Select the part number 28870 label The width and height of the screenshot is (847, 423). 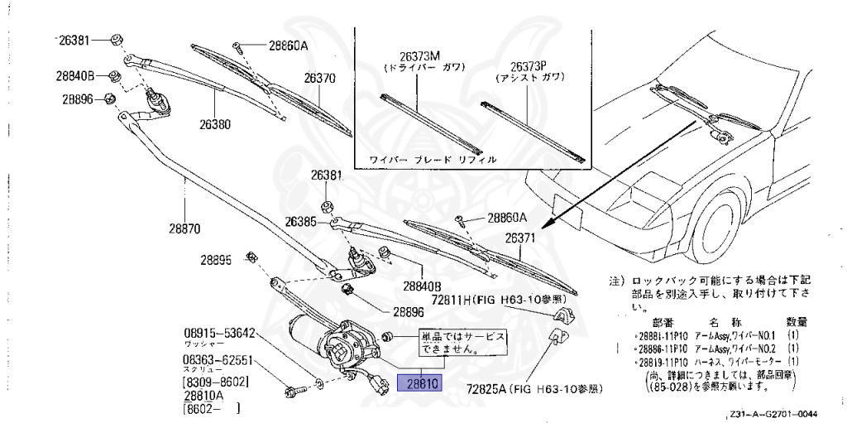tap(185, 228)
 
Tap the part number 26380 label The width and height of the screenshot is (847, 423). tap(214, 125)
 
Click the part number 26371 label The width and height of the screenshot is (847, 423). tap(522, 238)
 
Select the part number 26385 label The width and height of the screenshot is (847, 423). tap(301, 222)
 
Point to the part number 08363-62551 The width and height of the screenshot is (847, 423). tap(218, 360)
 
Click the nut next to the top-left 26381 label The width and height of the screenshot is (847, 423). tap(117, 39)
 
